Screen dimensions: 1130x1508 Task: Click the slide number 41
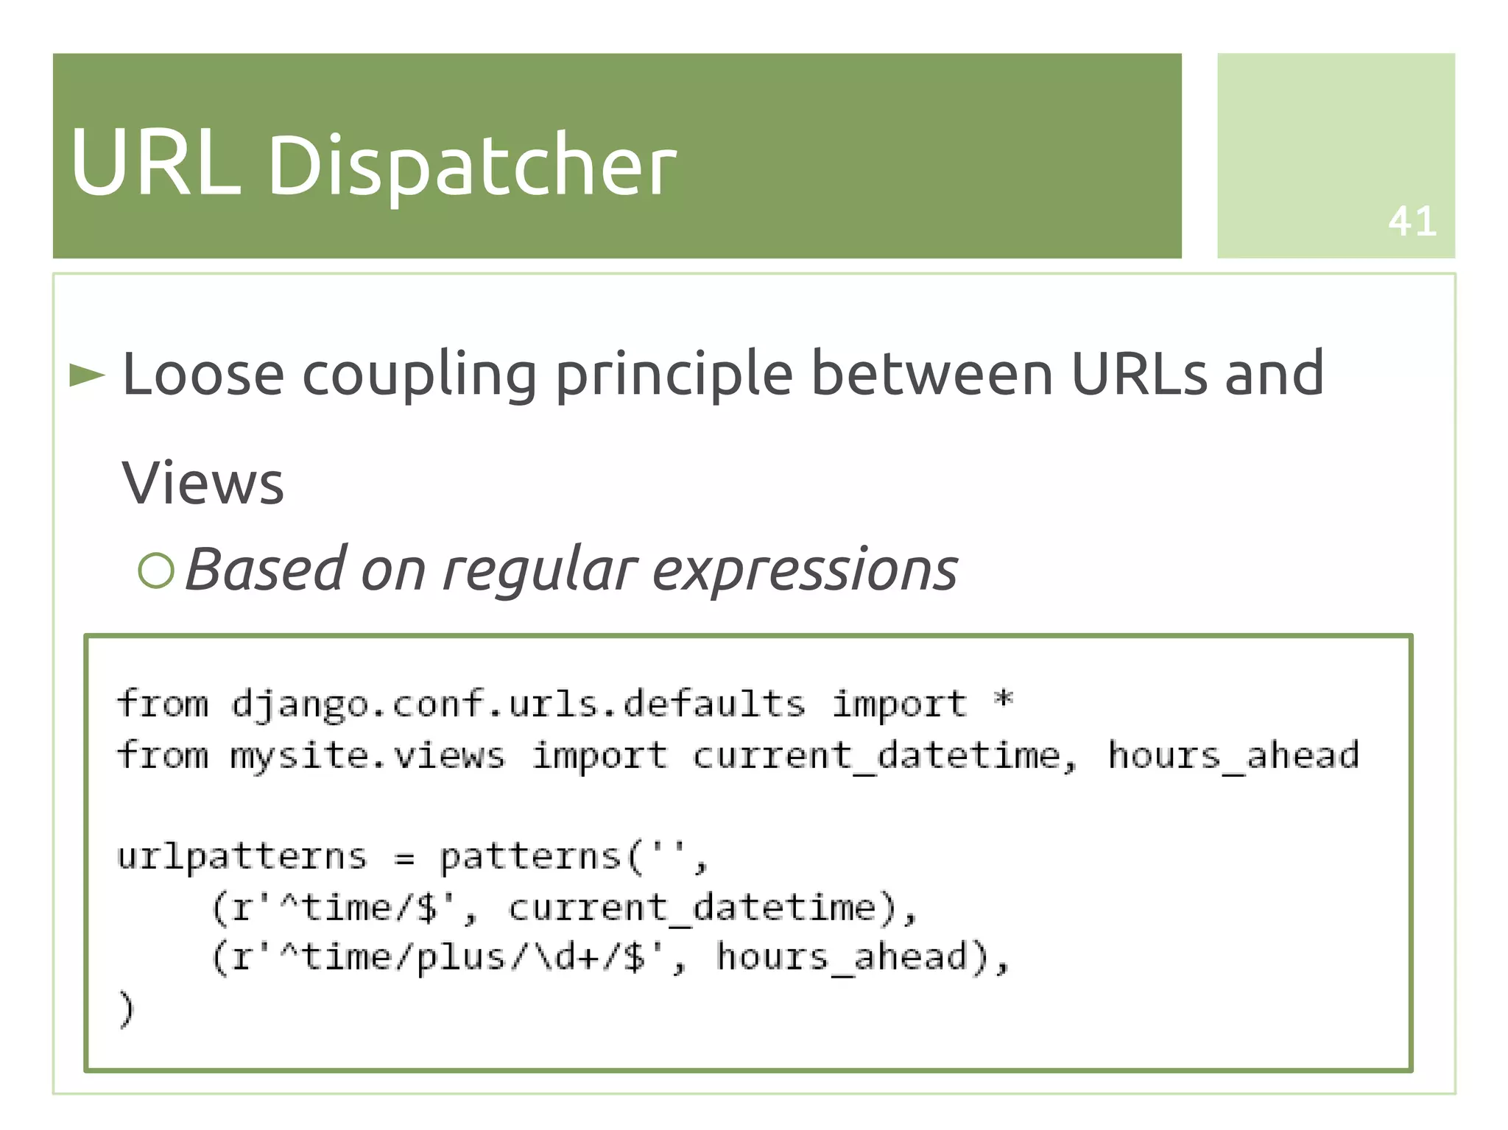1412,222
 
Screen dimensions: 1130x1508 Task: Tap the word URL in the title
155,163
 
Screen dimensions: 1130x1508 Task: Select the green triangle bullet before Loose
87,375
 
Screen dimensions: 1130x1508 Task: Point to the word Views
202,484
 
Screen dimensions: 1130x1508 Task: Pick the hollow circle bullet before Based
156,571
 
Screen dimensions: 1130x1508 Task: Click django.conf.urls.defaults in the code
518,705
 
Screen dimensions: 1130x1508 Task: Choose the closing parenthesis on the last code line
127,1009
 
